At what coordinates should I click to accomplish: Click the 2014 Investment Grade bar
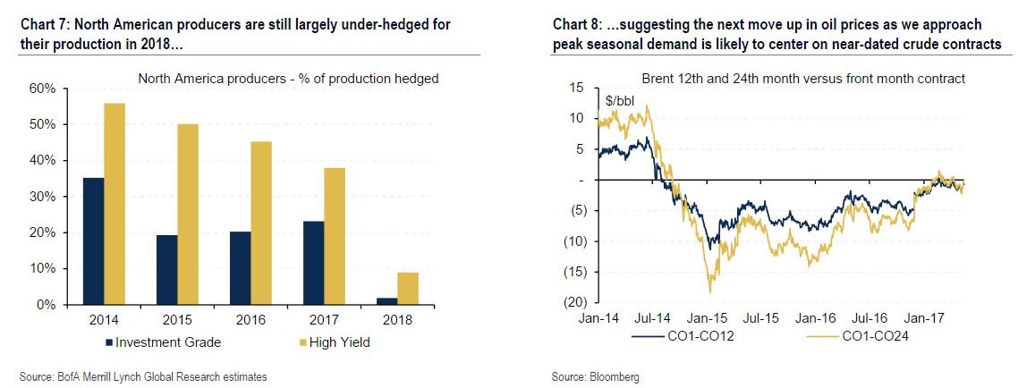pyautogui.click(x=93, y=241)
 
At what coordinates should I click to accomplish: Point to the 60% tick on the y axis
pyautogui.click(x=43, y=89)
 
